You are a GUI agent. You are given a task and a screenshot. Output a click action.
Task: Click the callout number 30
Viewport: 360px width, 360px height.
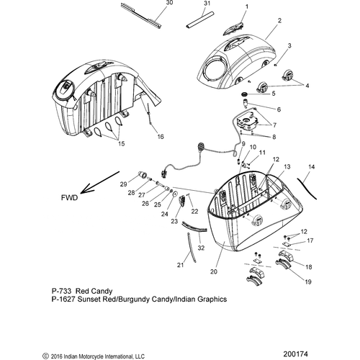coord(169,3)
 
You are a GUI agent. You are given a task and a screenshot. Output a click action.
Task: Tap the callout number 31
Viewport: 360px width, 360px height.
coord(207,4)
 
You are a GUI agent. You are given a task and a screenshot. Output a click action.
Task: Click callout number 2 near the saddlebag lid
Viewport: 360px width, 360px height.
coord(279,21)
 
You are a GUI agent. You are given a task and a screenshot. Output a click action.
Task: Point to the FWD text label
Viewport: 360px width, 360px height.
coord(69,198)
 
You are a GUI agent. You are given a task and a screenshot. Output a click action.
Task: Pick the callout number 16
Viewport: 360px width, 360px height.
coord(161,137)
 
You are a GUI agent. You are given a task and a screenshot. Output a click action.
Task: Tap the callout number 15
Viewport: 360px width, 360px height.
coord(122,143)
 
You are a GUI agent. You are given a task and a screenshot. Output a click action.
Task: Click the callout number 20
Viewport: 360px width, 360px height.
coord(214,271)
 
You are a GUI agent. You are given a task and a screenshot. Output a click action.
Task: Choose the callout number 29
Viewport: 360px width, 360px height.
coord(123,184)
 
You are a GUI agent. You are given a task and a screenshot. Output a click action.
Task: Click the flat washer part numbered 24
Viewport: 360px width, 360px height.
coord(175,194)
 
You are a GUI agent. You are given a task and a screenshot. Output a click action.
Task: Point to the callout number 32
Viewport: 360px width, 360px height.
coord(201,248)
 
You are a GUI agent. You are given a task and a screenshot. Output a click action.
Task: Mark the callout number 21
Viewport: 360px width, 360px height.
coord(180,265)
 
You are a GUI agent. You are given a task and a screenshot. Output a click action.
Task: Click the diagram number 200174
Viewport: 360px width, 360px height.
coord(295,354)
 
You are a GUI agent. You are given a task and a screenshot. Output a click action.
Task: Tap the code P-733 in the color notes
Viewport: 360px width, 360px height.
coord(61,291)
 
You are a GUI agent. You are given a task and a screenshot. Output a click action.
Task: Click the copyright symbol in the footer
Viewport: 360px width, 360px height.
coord(45,356)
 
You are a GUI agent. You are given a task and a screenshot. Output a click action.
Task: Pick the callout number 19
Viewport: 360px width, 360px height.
coord(308,282)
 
